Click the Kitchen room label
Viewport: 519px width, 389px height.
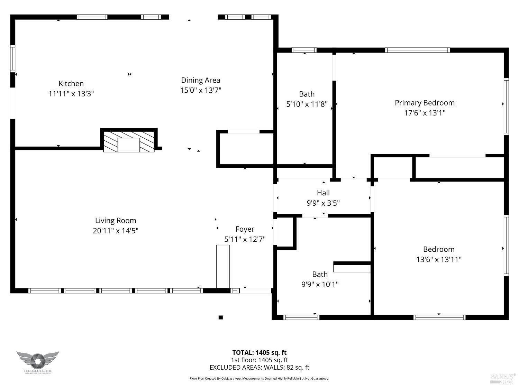coord(71,84)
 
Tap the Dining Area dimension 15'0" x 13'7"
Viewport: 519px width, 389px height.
coord(201,90)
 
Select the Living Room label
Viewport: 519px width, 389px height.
coord(116,221)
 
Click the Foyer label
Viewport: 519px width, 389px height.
coord(245,229)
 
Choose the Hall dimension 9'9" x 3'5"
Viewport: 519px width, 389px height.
coord(323,203)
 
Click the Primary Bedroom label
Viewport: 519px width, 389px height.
coord(425,103)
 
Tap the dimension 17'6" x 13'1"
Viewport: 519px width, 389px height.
coord(425,113)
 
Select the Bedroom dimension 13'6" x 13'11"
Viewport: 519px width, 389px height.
coord(439,259)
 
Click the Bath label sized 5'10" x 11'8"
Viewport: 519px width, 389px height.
coord(307,94)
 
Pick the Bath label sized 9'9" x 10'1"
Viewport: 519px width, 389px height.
coord(320,274)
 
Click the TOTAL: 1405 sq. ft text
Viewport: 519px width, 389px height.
coord(259,353)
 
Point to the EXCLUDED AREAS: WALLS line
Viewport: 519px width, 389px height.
coord(259,368)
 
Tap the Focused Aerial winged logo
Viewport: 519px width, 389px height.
coord(38,361)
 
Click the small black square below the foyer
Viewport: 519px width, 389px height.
coord(220,317)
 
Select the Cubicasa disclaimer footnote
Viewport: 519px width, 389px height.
coord(259,379)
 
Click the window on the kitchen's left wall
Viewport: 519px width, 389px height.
coord(12,58)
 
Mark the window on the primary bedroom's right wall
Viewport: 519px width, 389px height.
coord(506,106)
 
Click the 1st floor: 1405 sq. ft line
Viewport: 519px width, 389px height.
coord(259,360)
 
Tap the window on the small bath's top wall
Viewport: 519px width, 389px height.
coord(304,50)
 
